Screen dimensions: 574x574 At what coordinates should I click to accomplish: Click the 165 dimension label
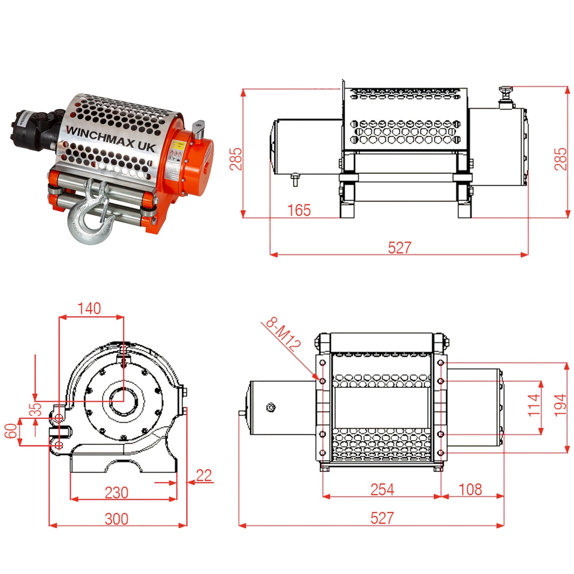click(x=299, y=210)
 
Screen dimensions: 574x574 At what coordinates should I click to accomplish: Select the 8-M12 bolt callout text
click(x=283, y=334)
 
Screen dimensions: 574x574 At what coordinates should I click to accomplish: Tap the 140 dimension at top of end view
click(x=89, y=309)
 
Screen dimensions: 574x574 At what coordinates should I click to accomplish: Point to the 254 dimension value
click(x=382, y=489)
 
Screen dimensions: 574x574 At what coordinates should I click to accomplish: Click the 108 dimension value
click(x=470, y=489)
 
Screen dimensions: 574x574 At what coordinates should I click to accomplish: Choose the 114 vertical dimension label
click(x=534, y=405)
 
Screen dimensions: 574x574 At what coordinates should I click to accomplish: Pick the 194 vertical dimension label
click(x=560, y=405)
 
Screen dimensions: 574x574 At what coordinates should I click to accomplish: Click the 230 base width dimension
click(x=116, y=493)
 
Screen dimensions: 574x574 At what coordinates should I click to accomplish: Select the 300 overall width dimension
click(x=116, y=519)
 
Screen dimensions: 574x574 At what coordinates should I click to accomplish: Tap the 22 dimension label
click(x=204, y=475)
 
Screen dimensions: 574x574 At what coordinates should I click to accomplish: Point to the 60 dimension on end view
click(x=11, y=431)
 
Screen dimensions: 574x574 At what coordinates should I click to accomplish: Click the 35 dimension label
click(x=37, y=410)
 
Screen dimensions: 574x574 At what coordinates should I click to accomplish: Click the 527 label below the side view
click(x=399, y=247)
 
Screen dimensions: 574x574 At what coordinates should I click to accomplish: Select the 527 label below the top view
click(x=382, y=518)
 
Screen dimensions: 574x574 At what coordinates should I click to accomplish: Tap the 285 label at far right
click(x=560, y=159)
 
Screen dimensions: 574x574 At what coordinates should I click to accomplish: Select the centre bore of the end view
click(x=124, y=402)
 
